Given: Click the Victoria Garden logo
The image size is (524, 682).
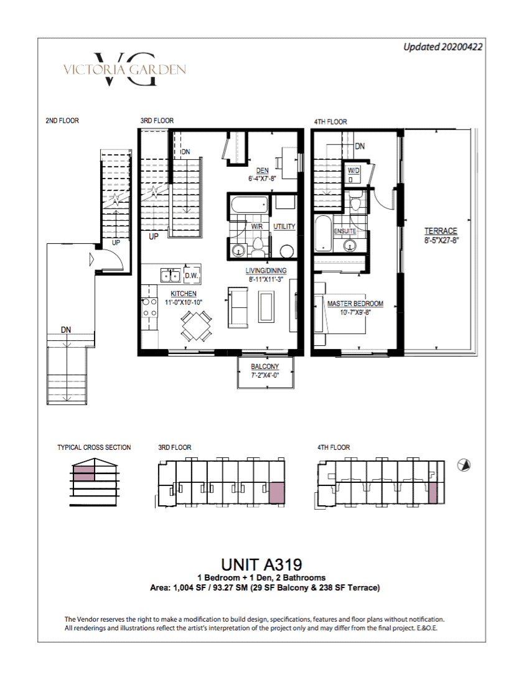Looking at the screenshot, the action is (x=125, y=69).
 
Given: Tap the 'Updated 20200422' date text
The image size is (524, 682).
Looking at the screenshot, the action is (x=442, y=47).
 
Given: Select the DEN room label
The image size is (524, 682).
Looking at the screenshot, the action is (x=262, y=170).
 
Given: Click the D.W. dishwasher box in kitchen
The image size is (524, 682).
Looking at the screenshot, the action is (x=192, y=275).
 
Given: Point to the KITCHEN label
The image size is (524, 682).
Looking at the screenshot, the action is (x=184, y=294).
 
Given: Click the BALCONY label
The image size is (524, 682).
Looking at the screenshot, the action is (x=265, y=367).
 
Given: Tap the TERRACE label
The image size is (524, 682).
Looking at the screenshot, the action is (x=441, y=231).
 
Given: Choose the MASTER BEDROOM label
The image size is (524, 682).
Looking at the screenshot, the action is (x=355, y=304).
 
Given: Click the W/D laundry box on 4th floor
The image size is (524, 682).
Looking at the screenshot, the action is (x=353, y=174).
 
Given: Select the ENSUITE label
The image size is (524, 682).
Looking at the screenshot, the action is (x=345, y=231).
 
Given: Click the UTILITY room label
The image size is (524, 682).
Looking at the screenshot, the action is (x=284, y=226).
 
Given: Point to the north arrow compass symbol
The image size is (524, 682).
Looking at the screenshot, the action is (x=464, y=465).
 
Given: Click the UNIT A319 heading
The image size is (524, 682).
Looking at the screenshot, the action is (x=261, y=564).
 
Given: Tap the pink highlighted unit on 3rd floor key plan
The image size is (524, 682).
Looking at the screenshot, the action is (x=277, y=493).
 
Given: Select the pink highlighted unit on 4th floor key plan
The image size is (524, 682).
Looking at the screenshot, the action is (x=433, y=493).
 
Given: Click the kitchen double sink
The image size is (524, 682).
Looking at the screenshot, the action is (x=171, y=275).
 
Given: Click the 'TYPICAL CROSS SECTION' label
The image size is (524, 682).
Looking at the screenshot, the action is (x=94, y=447).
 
